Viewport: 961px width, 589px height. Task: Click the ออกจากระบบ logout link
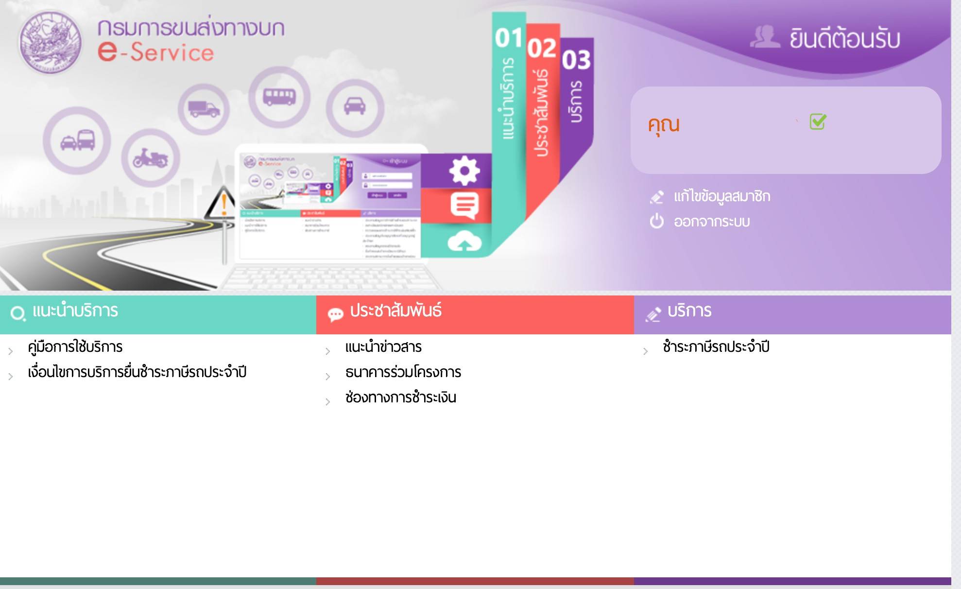pos(711,222)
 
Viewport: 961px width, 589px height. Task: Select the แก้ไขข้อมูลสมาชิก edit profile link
pos(721,196)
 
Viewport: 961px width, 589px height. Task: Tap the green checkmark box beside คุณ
pos(818,121)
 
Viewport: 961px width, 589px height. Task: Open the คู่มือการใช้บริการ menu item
pos(75,347)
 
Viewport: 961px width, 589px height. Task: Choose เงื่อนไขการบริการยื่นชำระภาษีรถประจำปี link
pos(137,372)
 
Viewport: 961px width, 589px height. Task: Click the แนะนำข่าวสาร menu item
pos(383,347)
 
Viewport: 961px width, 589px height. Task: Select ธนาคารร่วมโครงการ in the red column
pos(403,372)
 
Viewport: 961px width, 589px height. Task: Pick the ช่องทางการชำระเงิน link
pos(400,398)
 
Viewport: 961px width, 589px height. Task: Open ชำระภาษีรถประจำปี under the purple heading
pos(716,347)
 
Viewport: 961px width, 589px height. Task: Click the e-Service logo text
pos(155,52)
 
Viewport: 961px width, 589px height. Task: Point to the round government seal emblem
pos(50,42)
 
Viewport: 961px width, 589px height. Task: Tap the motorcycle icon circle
pos(151,158)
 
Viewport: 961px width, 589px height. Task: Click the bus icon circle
pos(279,97)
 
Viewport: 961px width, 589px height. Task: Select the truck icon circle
pos(204,109)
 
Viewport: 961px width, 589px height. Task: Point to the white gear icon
pos(464,171)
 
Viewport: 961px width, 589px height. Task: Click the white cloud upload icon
pos(464,241)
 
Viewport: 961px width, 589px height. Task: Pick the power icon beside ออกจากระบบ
pos(656,222)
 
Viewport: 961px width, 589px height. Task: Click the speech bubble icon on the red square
pos(464,206)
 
